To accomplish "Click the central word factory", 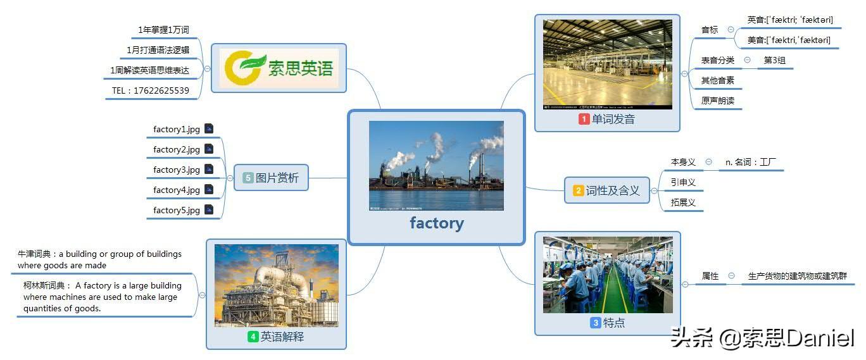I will point(436,223).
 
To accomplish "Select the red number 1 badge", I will point(584,119).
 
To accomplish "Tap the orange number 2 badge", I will point(578,190).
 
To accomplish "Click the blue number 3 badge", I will point(595,323).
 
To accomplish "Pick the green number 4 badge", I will point(253,337).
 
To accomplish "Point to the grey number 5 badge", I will point(248,178).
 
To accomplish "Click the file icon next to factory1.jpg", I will point(209,128).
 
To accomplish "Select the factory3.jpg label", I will point(177,170).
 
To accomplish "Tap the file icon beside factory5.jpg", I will point(209,209).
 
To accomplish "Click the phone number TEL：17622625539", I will point(151,90).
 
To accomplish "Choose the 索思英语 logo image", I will point(279,68).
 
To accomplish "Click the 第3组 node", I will point(774,61).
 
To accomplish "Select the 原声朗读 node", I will point(717,101).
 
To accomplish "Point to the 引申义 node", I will point(683,182).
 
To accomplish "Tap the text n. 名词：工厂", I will point(751,163).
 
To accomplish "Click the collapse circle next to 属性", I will point(732,276).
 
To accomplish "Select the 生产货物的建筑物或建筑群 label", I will point(797,276).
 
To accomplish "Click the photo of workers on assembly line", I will point(608,275).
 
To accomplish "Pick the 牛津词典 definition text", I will point(99,259).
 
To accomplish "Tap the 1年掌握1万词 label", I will point(163,30).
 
